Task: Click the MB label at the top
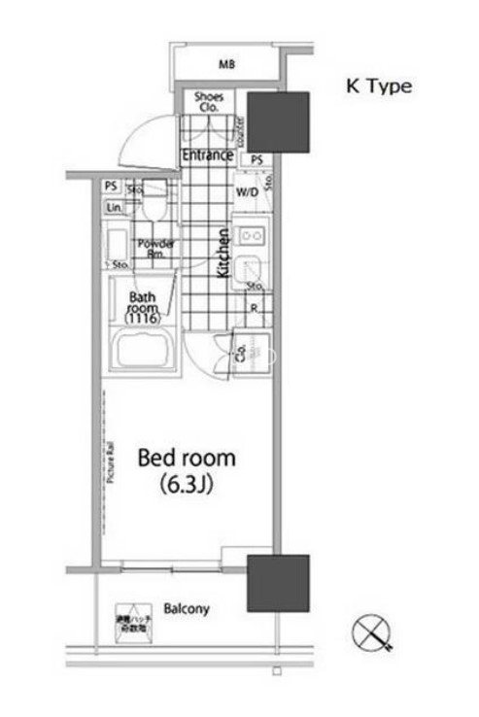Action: coord(226,65)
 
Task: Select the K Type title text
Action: coord(380,86)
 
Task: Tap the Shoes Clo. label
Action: coord(209,102)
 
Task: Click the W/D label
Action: coord(246,191)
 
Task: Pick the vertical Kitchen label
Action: coord(222,254)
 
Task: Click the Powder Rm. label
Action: coord(155,249)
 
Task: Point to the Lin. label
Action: coord(114,208)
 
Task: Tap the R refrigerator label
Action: coord(253,309)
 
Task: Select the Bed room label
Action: coord(186,457)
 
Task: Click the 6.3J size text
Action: coord(186,485)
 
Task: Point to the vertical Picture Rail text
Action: coord(113,461)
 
